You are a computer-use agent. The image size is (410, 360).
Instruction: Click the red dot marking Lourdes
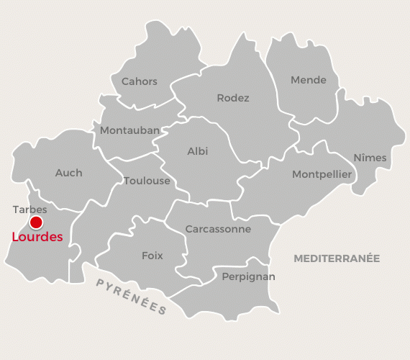35,222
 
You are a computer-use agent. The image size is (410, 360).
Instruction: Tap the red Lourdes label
37,237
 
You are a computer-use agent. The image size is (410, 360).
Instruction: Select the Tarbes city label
30,210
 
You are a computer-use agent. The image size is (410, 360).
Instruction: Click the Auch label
68,173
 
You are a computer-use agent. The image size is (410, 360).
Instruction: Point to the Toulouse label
147,181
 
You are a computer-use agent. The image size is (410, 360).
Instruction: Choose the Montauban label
129,130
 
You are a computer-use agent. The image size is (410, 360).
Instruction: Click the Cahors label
139,81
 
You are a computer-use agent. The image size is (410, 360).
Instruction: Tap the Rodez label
232,98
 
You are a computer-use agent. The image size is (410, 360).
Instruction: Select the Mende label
308,80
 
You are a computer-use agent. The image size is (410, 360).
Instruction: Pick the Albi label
197,151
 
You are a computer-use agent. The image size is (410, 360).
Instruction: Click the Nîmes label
370,158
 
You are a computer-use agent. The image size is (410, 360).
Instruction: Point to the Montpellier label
322,174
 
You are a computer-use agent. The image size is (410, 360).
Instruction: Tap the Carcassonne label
218,229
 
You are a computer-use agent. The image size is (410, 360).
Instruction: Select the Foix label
152,256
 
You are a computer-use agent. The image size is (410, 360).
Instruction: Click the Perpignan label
248,276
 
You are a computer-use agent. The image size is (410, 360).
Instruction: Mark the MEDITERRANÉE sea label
337,258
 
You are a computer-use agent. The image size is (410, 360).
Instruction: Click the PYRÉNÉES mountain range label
131,296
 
